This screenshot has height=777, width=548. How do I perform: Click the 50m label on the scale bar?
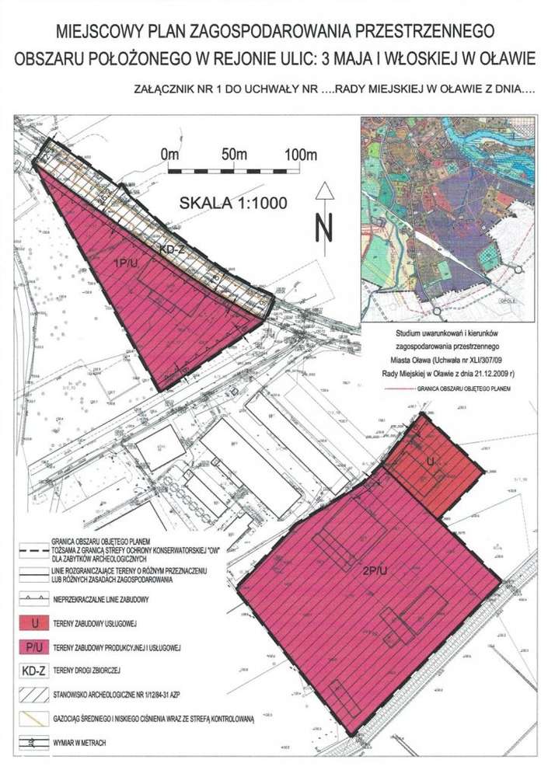(234, 155)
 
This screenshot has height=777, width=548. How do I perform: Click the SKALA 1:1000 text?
(233, 204)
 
